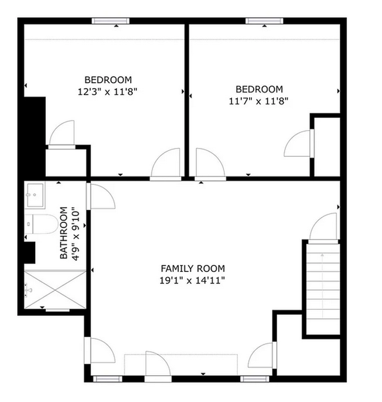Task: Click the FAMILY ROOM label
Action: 193,269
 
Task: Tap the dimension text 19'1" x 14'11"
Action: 193,281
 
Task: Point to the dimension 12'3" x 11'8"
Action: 108,91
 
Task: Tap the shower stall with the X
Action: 55,289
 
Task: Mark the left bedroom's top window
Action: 111,21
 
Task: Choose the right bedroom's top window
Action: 265,21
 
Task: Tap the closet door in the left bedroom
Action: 62,134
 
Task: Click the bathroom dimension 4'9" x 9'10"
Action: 75,233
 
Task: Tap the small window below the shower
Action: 57,309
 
